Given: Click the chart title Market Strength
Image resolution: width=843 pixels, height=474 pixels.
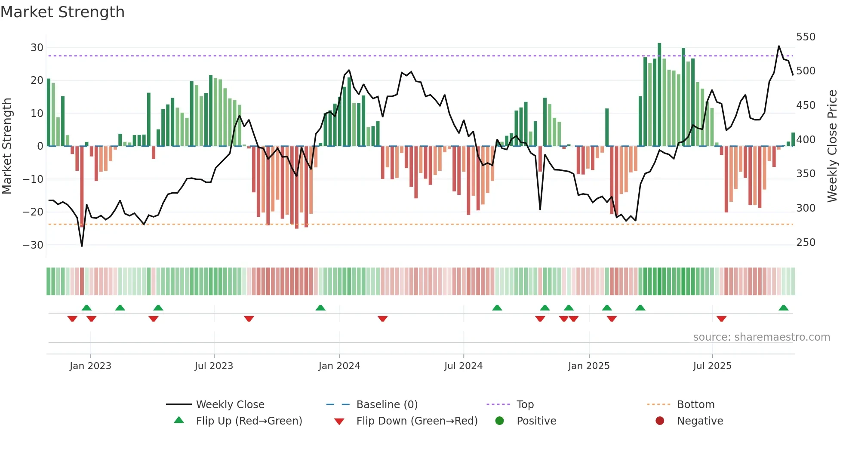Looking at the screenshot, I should tap(62, 12).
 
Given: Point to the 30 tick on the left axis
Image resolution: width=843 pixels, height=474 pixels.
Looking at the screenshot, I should tap(37, 48).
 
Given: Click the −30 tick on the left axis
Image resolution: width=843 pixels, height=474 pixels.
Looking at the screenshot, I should tap(33, 245).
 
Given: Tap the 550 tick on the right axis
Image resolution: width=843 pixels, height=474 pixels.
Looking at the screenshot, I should tap(805, 37).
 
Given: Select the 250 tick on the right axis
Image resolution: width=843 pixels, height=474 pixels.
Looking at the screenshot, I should tap(805, 243).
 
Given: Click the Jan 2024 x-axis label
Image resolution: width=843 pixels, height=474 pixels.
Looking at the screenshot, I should tap(339, 366).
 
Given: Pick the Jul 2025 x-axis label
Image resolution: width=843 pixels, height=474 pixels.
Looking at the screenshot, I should tap(712, 366).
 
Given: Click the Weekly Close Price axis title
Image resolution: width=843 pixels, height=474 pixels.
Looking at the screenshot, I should tap(832, 146).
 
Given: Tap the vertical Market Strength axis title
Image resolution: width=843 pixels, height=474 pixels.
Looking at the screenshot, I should tap(7, 146).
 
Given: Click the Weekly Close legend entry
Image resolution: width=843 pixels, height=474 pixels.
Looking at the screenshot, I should tap(230, 405).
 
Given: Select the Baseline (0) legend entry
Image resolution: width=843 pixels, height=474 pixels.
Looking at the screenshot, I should tap(387, 405).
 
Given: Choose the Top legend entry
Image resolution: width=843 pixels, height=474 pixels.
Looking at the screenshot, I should tap(525, 405).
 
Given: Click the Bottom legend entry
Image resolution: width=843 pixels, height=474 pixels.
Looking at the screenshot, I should tap(695, 405).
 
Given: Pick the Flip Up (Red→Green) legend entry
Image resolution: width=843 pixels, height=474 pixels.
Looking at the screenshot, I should tap(249, 421).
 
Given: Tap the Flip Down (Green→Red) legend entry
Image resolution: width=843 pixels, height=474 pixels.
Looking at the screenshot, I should tap(416, 421).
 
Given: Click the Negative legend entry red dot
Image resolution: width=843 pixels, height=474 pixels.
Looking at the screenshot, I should tap(660, 421).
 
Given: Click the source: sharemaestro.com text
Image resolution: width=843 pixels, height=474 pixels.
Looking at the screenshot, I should tap(761, 337).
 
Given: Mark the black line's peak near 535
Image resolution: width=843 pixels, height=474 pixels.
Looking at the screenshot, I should tap(778, 46).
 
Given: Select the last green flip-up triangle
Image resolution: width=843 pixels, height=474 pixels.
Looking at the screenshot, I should tap(783, 308).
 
